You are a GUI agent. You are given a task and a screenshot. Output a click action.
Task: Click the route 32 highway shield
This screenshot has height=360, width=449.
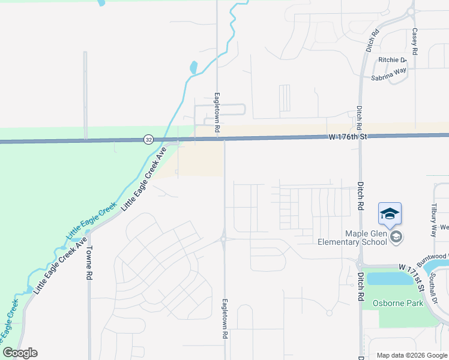coord(148,140)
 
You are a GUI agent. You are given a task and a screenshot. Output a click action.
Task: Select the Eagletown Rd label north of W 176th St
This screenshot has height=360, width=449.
coord(217,112)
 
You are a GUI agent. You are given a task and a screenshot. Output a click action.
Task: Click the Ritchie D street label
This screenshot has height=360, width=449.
coord(393,60)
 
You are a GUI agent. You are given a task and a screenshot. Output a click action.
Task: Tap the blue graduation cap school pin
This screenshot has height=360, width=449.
coord(389,215)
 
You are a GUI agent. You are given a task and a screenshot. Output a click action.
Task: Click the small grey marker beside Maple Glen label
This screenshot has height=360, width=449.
coord(396,238)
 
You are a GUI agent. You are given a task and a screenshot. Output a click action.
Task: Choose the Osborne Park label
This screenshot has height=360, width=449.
coord(397,303)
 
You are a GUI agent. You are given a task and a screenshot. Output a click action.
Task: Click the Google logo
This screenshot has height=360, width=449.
coord(20,353)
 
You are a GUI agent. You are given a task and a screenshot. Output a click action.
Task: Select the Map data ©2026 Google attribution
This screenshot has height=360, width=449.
coord(412,355)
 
